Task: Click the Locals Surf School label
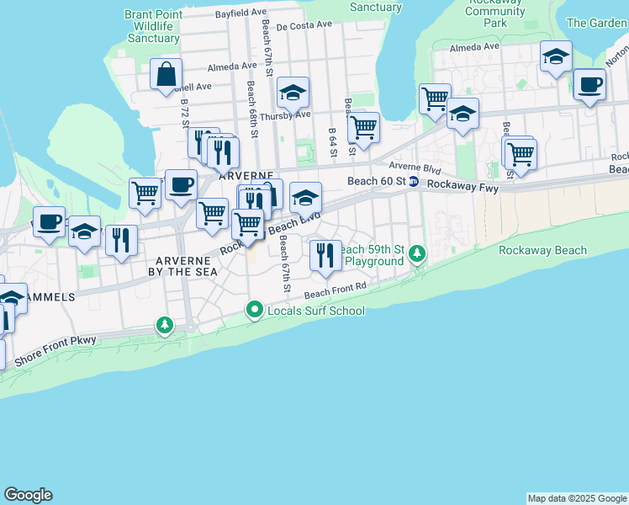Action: [315, 311]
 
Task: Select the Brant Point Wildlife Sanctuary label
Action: [151, 26]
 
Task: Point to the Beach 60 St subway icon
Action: [413, 182]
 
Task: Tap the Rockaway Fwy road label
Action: [462, 185]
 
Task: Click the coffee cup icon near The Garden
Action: [589, 84]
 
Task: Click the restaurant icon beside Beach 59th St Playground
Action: [325, 254]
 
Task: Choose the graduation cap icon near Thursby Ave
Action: [293, 92]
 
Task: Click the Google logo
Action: [28, 495]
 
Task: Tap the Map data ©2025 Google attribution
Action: [577, 498]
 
